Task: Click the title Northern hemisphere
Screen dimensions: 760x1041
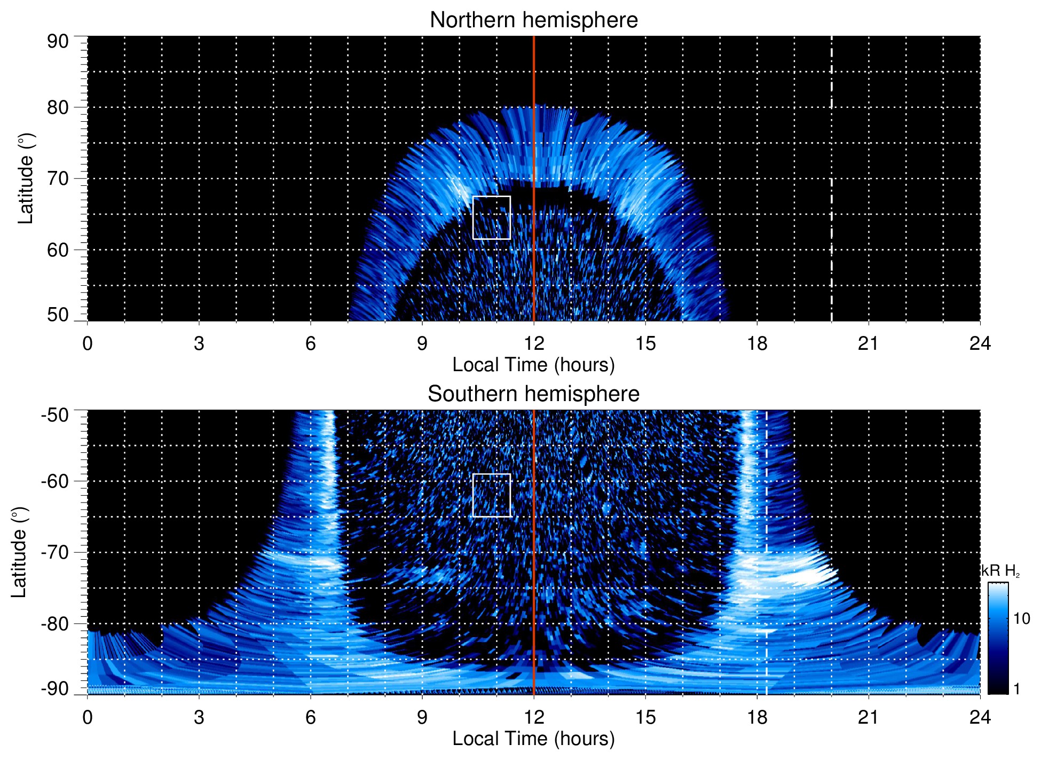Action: click(x=533, y=20)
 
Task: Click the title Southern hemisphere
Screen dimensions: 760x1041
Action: click(x=533, y=394)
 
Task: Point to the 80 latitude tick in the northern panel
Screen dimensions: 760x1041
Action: click(x=58, y=107)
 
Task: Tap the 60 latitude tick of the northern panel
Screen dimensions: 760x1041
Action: click(x=58, y=250)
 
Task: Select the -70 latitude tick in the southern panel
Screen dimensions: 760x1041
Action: click(x=55, y=552)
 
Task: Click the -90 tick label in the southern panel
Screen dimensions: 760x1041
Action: click(x=55, y=688)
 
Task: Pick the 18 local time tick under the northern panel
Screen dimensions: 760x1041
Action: click(x=757, y=343)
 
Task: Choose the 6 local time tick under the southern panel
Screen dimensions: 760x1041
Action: click(x=311, y=717)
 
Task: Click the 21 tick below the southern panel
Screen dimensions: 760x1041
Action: click(x=868, y=717)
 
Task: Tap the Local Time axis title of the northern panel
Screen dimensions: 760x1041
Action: click(x=533, y=365)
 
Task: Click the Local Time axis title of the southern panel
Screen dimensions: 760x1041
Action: click(x=533, y=739)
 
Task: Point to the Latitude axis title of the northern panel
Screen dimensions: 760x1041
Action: click(x=26, y=178)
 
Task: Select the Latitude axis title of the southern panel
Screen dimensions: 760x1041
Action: click(x=19, y=552)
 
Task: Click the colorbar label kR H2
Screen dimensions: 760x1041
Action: click(x=1000, y=571)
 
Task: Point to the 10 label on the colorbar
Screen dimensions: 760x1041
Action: click(x=1021, y=619)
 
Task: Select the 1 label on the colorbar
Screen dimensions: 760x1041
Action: click(x=1016, y=688)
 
